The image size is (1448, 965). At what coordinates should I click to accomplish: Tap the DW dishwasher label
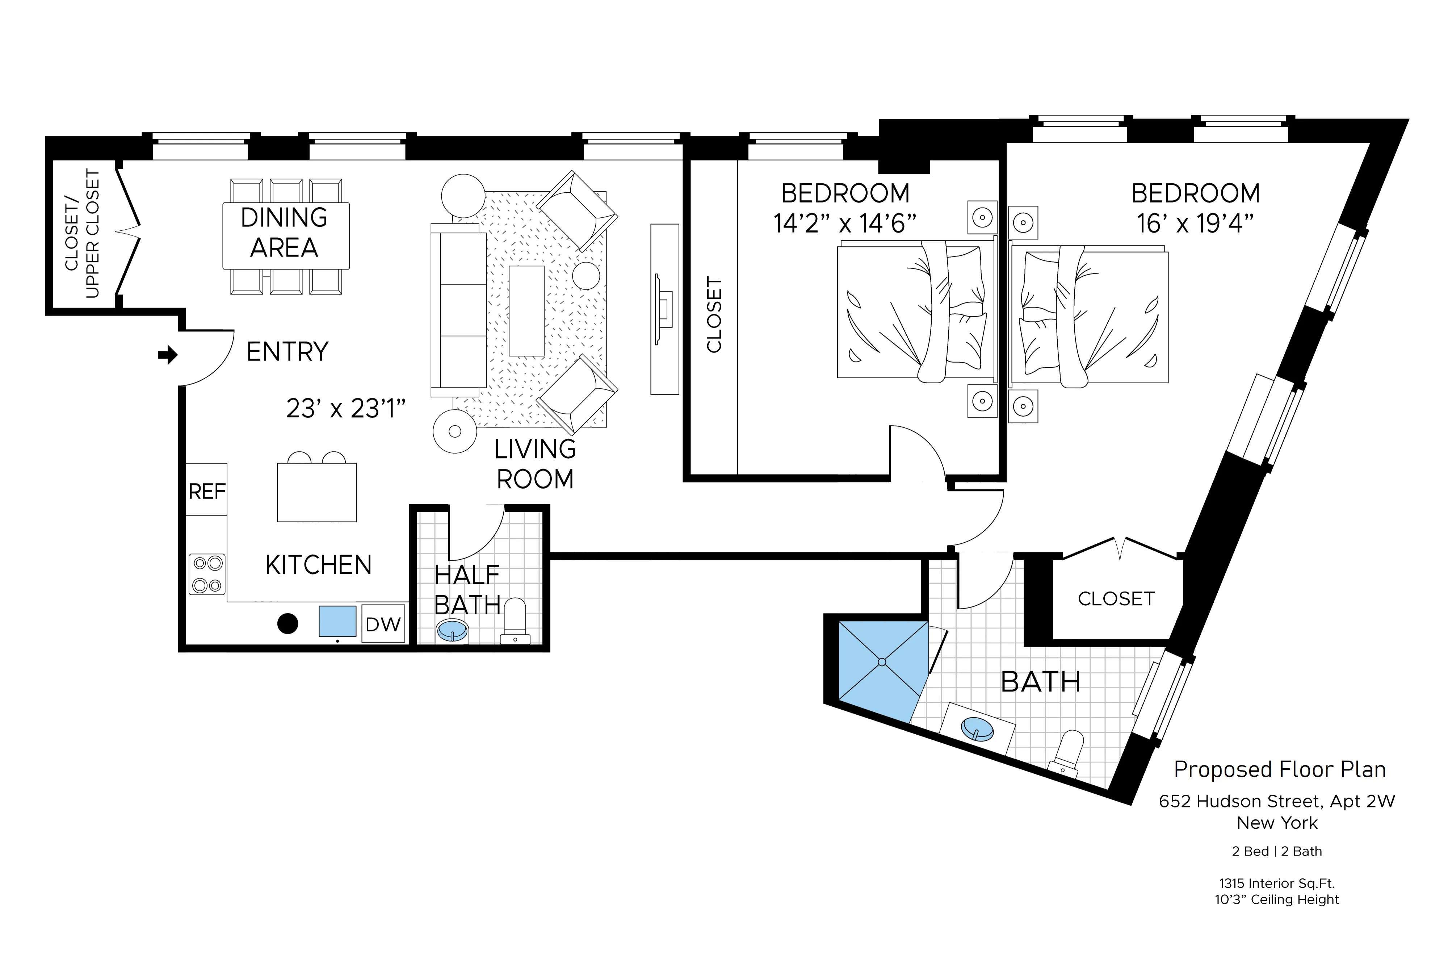[383, 624]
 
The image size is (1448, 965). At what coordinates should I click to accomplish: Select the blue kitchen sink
[337, 621]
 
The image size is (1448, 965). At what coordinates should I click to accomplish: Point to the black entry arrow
[167, 355]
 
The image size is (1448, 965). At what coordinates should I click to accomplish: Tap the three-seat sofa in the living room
[458, 310]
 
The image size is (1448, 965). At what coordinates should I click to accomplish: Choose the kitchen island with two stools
[316, 492]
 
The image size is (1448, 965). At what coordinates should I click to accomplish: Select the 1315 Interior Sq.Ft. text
[1276, 883]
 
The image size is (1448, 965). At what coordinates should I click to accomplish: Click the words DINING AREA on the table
[284, 233]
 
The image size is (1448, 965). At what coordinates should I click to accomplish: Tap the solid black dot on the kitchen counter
[288, 623]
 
